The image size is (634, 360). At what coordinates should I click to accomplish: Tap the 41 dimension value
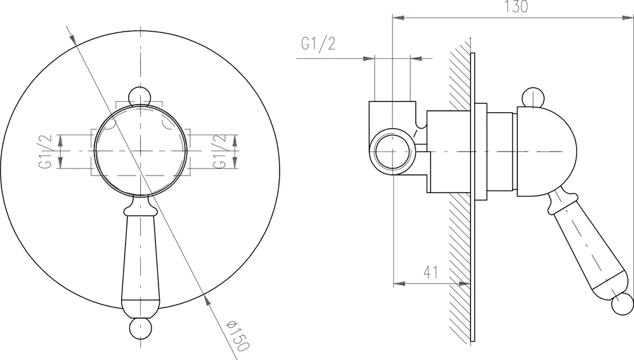click(x=431, y=273)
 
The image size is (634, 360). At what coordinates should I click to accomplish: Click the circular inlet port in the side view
click(x=393, y=152)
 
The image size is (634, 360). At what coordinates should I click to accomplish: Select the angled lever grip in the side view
click(x=583, y=247)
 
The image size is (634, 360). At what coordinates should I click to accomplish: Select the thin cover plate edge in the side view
click(x=472, y=190)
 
